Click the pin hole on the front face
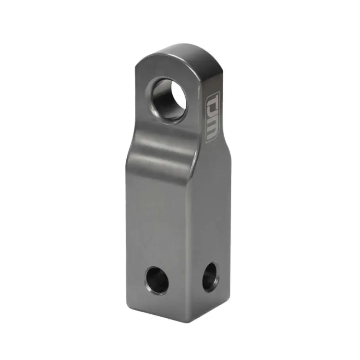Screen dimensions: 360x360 point(157,281)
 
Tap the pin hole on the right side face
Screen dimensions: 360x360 point(209,277)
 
